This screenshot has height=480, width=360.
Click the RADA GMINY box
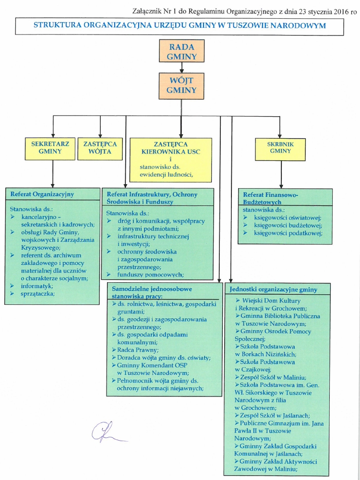tap(182, 51)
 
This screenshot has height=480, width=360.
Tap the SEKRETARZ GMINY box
tap(50, 148)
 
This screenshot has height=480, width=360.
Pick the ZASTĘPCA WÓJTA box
tap(97, 148)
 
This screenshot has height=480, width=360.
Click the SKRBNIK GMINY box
tap(280, 149)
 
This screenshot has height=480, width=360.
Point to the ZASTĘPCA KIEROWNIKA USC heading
tap(171, 147)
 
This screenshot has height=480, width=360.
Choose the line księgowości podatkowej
tap(287, 234)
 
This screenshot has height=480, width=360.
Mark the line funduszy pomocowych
tap(150, 275)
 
